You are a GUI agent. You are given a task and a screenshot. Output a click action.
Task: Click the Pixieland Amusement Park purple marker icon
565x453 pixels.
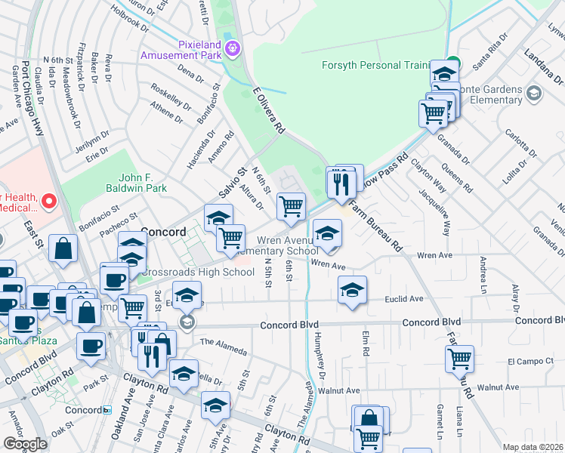pos(233,48)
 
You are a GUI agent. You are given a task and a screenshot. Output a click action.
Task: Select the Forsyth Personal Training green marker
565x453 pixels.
pos(452,63)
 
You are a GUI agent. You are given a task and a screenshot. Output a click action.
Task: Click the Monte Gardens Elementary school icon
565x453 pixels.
pos(535,94)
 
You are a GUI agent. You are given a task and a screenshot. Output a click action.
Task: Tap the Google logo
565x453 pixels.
pos(25,444)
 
